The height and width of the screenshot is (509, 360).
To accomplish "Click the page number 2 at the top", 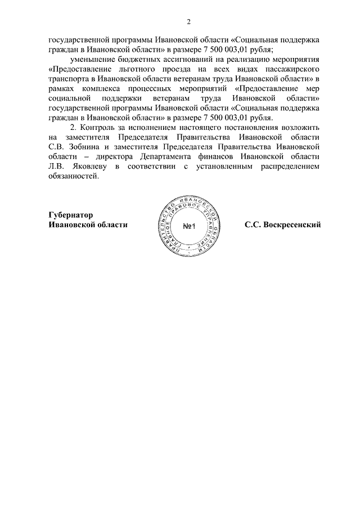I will click(x=188, y=22).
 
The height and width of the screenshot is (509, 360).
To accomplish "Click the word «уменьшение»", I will click(x=94, y=59).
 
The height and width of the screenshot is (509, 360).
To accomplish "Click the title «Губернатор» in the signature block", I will click(x=70, y=215).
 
